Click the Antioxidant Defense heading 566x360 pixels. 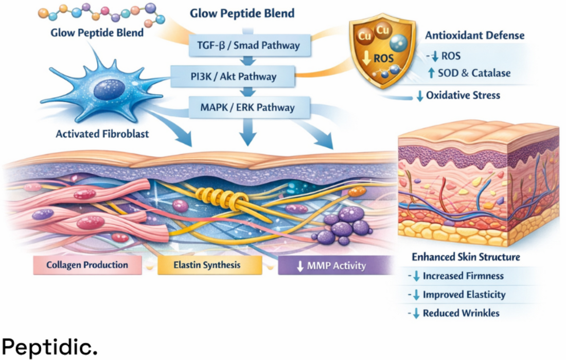pos(475,35)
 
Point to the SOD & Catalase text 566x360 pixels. pos(474,73)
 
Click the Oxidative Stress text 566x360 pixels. pos(463,95)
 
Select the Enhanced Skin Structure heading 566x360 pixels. pos(466,257)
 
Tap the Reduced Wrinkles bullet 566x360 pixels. pos(461,313)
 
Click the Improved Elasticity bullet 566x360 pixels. pos(464,295)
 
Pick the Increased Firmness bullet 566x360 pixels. pos(463,276)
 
